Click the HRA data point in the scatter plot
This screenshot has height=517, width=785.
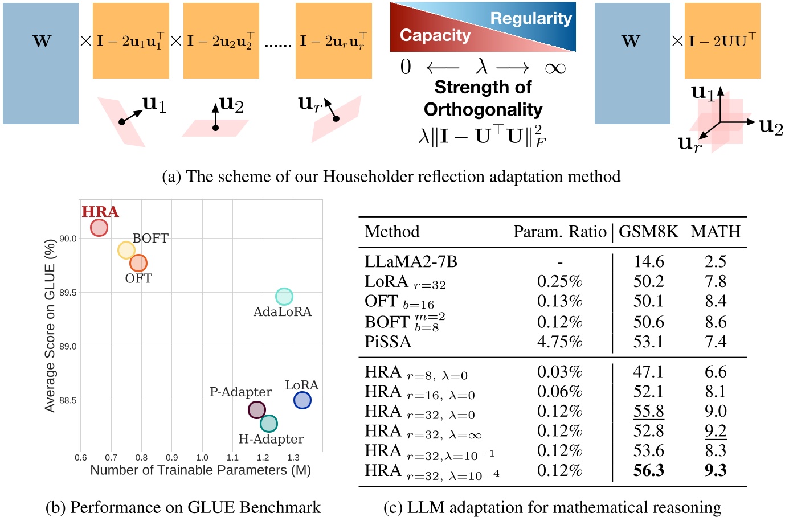[x=99, y=228]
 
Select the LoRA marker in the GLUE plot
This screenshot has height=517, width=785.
[x=302, y=400]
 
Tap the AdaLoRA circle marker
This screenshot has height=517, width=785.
[x=284, y=296]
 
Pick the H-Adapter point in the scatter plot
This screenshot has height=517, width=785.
[x=268, y=424]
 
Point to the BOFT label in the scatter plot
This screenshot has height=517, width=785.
[x=150, y=238]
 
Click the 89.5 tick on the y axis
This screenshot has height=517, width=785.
[x=68, y=293]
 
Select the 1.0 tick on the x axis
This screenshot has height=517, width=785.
[x=202, y=457]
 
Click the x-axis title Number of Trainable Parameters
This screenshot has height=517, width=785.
[x=201, y=470]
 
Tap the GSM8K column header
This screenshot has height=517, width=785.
[x=648, y=232]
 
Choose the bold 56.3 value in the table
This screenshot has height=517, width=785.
[x=648, y=470]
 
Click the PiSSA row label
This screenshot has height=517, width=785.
[x=387, y=342]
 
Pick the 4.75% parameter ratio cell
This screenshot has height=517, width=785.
[x=559, y=342]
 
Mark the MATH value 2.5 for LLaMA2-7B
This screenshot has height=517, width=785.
[x=715, y=261]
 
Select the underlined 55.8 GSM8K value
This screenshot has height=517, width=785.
[x=648, y=411]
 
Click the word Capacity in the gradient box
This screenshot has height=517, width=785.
[x=435, y=35]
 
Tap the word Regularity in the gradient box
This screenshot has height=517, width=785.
[x=530, y=18]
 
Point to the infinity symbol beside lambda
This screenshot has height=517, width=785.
[x=555, y=68]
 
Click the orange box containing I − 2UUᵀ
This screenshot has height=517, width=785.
[x=722, y=41]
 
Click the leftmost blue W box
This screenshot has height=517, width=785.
[x=40, y=63]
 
